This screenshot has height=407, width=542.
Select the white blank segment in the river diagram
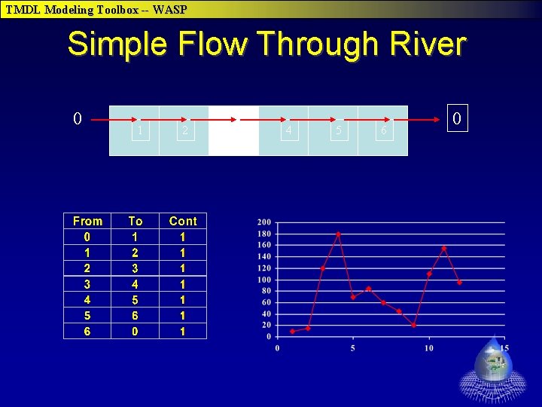233,130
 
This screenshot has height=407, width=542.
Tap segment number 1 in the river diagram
139,131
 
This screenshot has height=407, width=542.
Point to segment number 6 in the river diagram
383,131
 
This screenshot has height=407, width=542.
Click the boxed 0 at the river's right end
455,118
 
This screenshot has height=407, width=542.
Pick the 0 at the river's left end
77,118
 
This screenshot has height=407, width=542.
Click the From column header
87,221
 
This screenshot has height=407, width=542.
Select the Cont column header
183,221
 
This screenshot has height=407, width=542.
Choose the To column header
135,221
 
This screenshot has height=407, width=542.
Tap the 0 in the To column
135,331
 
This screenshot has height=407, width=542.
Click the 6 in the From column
87,331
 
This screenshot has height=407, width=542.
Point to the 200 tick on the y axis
264,222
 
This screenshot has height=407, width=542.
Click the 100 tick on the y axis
264,280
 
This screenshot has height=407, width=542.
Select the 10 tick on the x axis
428,347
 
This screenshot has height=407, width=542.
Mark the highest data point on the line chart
338,234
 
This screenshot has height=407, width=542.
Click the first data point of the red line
292,331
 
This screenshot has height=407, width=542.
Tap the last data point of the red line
459,283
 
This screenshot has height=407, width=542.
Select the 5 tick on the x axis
353,347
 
